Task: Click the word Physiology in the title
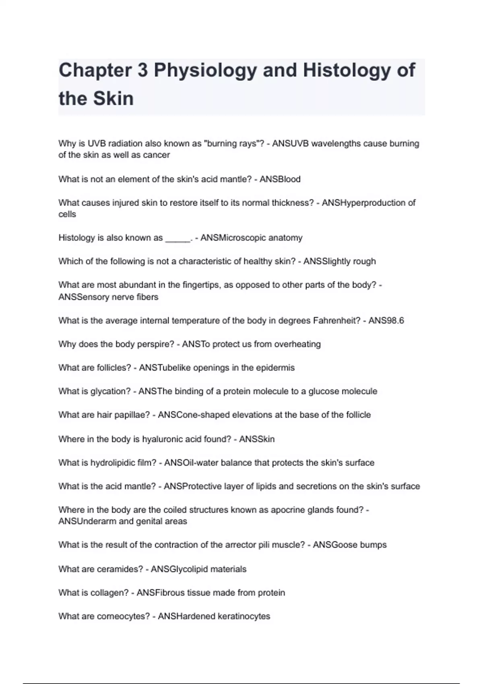(205, 70)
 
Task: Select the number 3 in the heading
(142, 70)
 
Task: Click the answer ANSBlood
(280, 179)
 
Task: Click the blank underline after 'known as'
(178, 239)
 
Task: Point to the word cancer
(156, 155)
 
